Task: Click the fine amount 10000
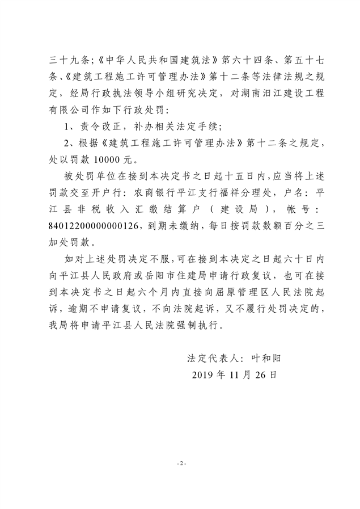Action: click(x=107, y=161)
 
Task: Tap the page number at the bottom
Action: click(x=180, y=464)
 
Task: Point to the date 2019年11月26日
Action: click(x=234, y=375)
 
